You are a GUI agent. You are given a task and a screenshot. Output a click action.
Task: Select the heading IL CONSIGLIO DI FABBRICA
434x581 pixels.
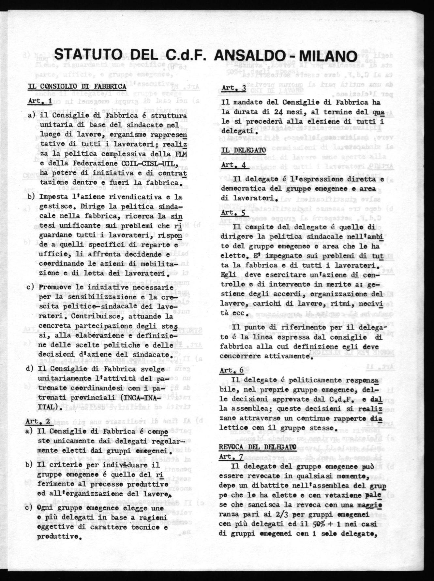coord(77,87)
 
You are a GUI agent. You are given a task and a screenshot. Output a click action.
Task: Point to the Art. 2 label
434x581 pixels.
coord(37,421)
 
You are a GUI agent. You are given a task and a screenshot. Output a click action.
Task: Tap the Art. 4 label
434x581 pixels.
coord(233,165)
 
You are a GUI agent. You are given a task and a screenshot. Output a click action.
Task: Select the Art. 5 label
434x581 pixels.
coord(233,212)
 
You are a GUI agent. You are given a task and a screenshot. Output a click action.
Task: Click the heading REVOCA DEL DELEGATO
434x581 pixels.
coord(257,447)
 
